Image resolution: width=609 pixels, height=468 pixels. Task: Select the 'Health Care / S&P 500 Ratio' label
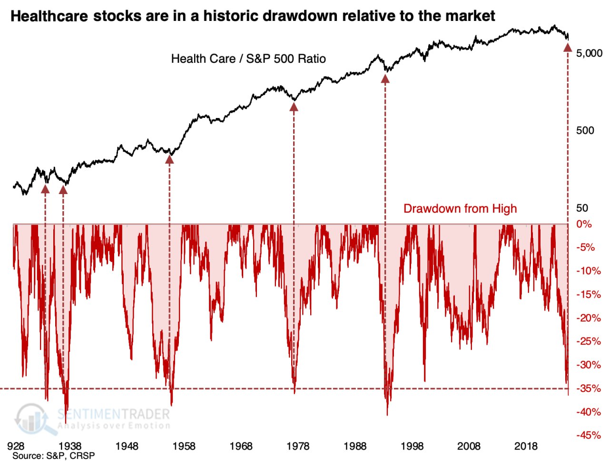248,59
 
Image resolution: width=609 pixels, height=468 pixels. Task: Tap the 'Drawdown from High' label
460,209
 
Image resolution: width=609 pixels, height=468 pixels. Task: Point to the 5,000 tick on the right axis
589,53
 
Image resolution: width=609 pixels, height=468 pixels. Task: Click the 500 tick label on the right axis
585,131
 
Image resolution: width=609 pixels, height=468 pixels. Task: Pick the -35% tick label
589,389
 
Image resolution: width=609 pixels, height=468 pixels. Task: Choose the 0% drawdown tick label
584,224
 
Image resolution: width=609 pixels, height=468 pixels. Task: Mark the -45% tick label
589,435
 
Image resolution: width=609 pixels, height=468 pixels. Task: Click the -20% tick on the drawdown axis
589,318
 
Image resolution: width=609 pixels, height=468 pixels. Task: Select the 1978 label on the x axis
298,446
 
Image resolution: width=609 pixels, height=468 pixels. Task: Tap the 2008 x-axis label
469,446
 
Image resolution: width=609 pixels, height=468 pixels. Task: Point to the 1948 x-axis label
127,446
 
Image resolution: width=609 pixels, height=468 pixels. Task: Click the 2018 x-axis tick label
526,446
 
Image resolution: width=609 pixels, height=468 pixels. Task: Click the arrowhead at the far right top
567,47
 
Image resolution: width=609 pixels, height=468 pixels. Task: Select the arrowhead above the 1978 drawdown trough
294,107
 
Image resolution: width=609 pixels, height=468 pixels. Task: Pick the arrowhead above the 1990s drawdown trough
385,78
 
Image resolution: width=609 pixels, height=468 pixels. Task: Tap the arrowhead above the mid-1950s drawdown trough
169,159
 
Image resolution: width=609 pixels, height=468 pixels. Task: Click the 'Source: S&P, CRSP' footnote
53,456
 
